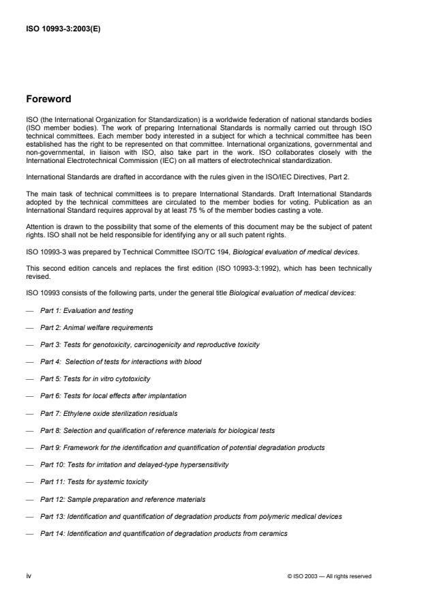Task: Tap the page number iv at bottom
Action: coord(29,575)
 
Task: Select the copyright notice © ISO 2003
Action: coord(330,576)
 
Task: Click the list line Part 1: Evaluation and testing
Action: coord(87,311)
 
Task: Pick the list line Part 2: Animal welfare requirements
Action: coord(96,328)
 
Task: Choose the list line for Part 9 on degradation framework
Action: coord(182,448)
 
